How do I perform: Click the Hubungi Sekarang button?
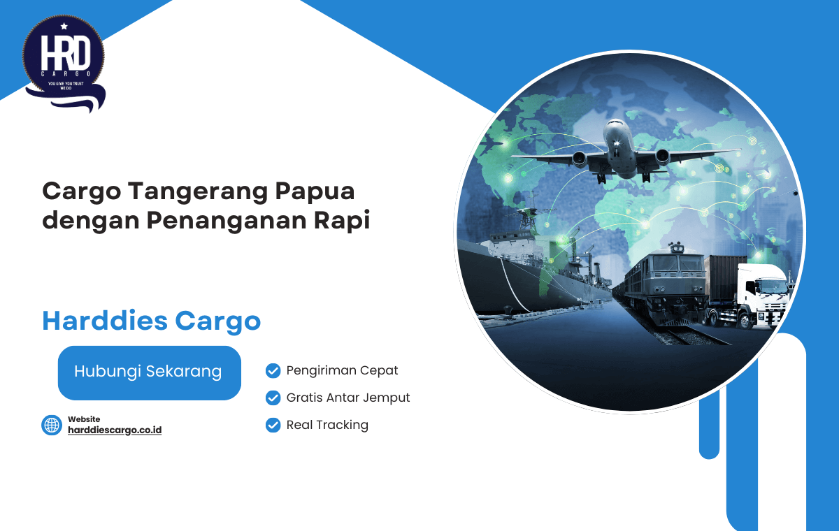coord(150,372)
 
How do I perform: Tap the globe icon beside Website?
coord(52,425)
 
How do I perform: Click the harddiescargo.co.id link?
coord(115,430)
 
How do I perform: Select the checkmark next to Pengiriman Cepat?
coord(273,371)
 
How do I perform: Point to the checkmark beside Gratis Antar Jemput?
coord(273,398)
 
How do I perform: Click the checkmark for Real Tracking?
coord(273,425)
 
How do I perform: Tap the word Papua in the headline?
coord(315,192)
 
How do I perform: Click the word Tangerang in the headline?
coord(198,192)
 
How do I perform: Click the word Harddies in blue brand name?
coord(105,321)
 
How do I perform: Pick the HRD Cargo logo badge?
coord(64,63)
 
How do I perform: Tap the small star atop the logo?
coord(64,26)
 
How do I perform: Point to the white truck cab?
coord(763,296)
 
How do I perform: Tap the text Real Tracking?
coord(327,425)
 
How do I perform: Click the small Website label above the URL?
coord(84,419)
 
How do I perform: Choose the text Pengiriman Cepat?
coord(342,370)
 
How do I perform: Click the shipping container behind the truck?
coord(725,279)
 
